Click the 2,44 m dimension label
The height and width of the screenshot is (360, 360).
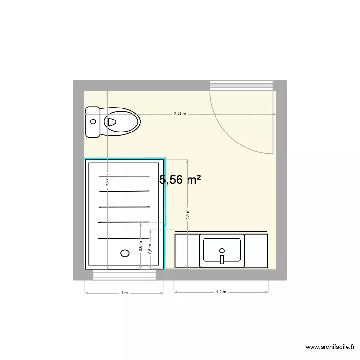coord(180,114)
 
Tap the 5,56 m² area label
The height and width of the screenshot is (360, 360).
coord(180,180)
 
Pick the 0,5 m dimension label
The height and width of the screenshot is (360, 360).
coord(150,248)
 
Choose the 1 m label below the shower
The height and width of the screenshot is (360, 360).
coord(124,292)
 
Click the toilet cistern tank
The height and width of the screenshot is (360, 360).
coord(93,122)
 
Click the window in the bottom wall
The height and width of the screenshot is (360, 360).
coord(125,275)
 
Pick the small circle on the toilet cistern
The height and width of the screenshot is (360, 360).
coord(92,122)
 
